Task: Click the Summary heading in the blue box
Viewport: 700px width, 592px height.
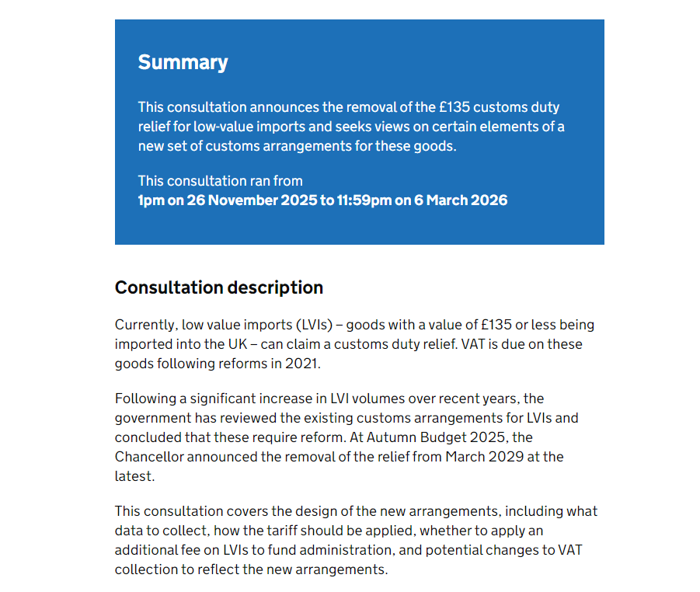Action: tap(183, 63)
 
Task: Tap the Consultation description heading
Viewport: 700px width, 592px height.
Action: tap(218, 287)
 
